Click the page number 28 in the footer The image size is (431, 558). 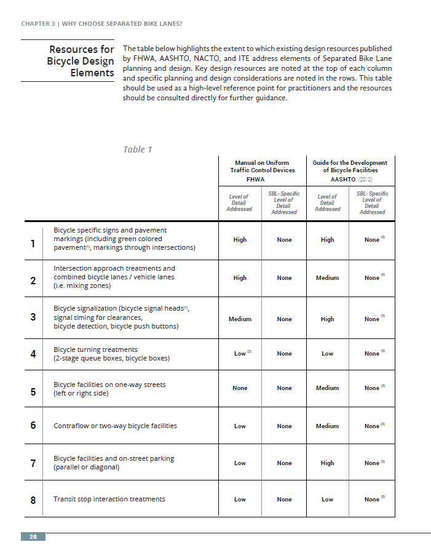[x=33, y=537]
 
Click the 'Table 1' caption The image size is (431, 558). [x=137, y=149]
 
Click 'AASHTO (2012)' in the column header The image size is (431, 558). [x=350, y=180]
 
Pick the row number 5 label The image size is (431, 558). [x=33, y=392]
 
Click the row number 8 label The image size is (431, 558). [x=33, y=500]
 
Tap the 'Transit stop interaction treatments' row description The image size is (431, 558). [x=109, y=499]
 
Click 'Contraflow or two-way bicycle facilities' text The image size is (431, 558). [x=115, y=426]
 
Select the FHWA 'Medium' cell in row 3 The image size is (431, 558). [x=240, y=319]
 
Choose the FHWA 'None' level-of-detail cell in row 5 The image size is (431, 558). [x=240, y=388]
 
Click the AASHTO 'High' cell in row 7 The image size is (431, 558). [x=327, y=463]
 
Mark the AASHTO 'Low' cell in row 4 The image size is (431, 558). [x=327, y=354]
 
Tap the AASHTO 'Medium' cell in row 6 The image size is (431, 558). [x=327, y=426]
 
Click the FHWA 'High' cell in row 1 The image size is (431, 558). [x=240, y=240]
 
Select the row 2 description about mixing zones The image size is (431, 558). [x=114, y=277]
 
